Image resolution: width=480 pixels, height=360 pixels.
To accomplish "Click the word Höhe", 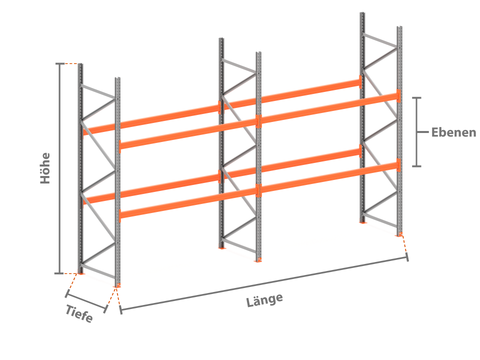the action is coord(45,168).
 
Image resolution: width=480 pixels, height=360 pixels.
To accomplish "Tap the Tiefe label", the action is coord(79,314).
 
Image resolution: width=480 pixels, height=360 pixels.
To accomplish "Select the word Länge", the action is coord(265,300).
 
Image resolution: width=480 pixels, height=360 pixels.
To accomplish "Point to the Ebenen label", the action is coord(454,132).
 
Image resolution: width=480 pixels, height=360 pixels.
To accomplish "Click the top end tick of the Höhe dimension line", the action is coord(60,63).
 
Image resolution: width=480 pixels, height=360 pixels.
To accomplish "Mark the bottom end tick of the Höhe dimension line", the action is coord(59,273).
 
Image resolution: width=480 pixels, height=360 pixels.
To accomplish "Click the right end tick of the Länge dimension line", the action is coord(407,257).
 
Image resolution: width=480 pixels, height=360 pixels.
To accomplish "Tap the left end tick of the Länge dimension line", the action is coord(121,310).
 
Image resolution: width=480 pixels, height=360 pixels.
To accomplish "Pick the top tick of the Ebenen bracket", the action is coord(417,98).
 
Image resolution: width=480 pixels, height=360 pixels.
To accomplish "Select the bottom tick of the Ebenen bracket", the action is coord(417,166).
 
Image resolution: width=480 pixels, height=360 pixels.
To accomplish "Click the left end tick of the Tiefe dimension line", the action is coord(67,294).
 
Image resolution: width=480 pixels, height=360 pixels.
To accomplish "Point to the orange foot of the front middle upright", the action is coord(258,260).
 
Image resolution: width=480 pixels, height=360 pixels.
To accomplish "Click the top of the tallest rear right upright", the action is coord(362,14).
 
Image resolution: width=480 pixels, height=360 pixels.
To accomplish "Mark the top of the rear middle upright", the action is coord(221,39).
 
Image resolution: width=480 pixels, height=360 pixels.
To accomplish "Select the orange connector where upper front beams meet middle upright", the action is coord(259,121).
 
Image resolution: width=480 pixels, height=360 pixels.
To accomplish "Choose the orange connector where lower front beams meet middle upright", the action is coord(259,190).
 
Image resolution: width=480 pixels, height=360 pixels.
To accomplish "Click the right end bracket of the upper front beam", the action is coord(399,96).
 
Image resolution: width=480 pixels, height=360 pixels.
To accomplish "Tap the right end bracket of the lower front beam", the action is coord(399,165).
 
